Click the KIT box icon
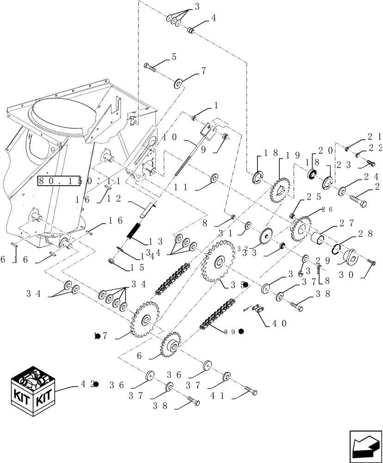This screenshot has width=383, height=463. pyautogui.click(x=33, y=391)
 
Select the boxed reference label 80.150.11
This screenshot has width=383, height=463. pyautogui.click(x=79, y=181)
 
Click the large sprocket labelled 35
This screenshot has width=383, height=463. pyautogui.click(x=217, y=262)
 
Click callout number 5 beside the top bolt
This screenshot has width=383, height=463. pyautogui.click(x=174, y=57)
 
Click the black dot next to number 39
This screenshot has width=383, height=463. pyautogui.click(x=241, y=332)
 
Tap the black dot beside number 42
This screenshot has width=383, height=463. pyautogui.click(x=96, y=384)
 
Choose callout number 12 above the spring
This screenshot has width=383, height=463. pyautogui.click(x=113, y=199)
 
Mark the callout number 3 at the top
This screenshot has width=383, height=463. pyautogui.click(x=197, y=6)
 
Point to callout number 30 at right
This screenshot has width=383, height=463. pyautogui.click(x=348, y=274)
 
